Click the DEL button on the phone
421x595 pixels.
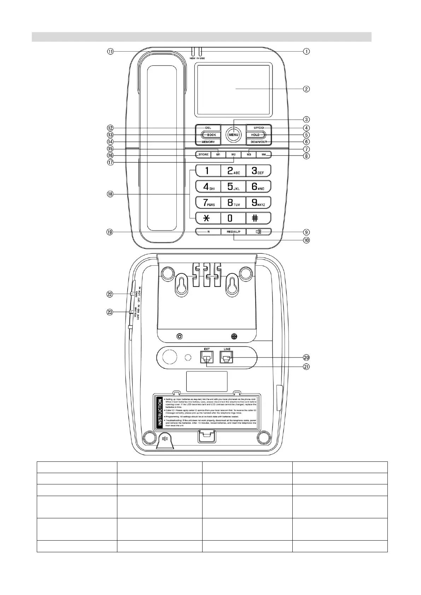click(208, 128)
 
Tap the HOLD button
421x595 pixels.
click(256, 135)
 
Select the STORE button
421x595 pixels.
click(203, 154)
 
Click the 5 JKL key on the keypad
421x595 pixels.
click(233, 187)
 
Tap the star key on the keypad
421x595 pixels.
click(207, 218)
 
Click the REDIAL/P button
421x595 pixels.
click(233, 232)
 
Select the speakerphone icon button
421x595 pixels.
click(259, 232)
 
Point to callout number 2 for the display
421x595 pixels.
click(306, 89)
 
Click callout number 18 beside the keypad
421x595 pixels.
click(110, 194)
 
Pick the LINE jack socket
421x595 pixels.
click(227, 358)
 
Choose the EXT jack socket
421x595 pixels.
click(206, 358)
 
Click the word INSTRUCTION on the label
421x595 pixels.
click(160, 412)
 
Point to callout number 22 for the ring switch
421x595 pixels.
click(110, 294)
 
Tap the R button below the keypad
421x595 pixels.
click(208, 232)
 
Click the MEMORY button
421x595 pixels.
click(208, 142)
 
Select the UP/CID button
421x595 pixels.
click(259, 128)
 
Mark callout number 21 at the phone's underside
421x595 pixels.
click(306, 367)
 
